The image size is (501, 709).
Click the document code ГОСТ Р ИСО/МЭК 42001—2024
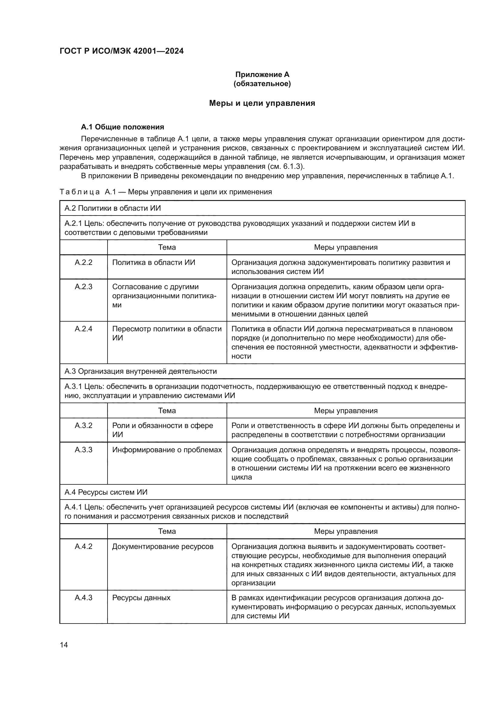121,51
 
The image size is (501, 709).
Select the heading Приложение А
262,75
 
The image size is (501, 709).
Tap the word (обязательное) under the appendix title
262,84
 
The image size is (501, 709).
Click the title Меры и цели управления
262,103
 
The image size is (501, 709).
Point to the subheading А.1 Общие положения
122,127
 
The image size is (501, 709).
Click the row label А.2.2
83,263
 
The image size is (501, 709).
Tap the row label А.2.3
83,286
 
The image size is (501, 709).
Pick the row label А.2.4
83,329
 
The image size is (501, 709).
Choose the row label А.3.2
83,426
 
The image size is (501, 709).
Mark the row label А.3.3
83,450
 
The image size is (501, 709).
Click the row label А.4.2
83,547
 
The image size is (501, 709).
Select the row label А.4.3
83,598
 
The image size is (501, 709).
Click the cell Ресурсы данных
141,598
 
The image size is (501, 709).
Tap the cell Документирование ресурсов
163,547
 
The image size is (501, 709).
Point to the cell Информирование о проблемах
167,450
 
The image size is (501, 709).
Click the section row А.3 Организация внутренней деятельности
140,371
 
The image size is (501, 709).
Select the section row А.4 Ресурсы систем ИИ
106,492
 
